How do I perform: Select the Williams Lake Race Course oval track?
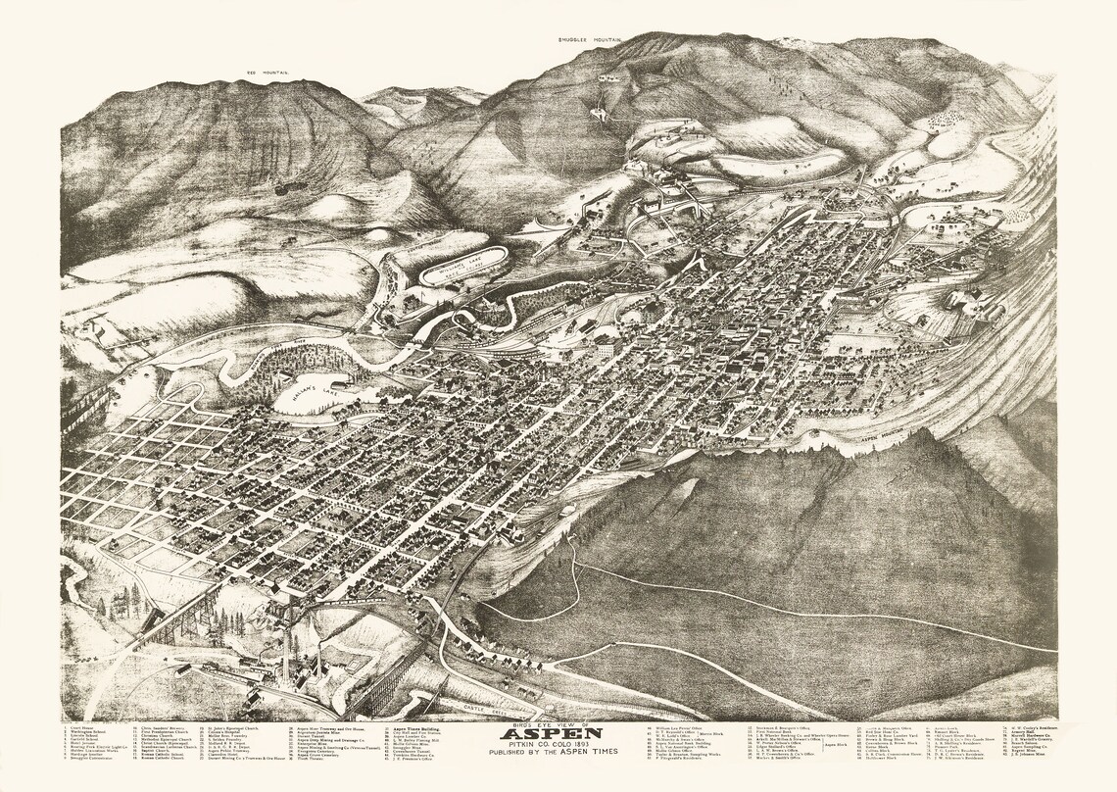click(x=464, y=265)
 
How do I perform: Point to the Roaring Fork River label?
click(x=284, y=342)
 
